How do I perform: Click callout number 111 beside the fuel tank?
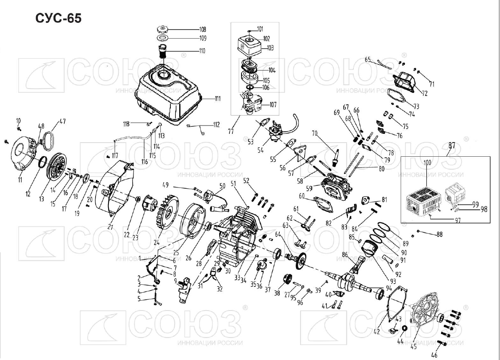(x=217, y=99)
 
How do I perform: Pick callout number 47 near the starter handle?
(x=62, y=122)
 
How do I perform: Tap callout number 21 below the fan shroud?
(x=110, y=226)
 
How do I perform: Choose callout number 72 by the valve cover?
(x=424, y=92)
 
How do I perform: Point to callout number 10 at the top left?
(x=18, y=121)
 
